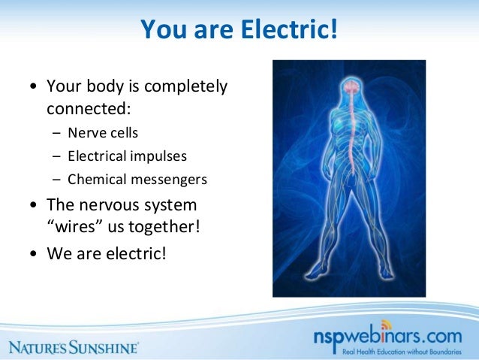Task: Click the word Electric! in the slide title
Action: [288, 31]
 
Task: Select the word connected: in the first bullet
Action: [89, 109]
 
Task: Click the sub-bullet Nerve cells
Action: [103, 133]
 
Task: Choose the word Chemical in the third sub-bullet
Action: [95, 180]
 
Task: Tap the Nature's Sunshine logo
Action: [74, 347]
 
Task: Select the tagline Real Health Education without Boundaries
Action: [404, 350]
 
